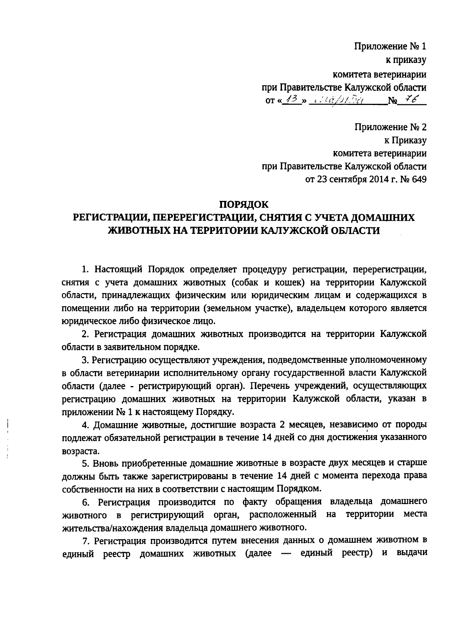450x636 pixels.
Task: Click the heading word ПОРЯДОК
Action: coord(244,204)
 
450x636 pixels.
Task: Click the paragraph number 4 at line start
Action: coord(85,425)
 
